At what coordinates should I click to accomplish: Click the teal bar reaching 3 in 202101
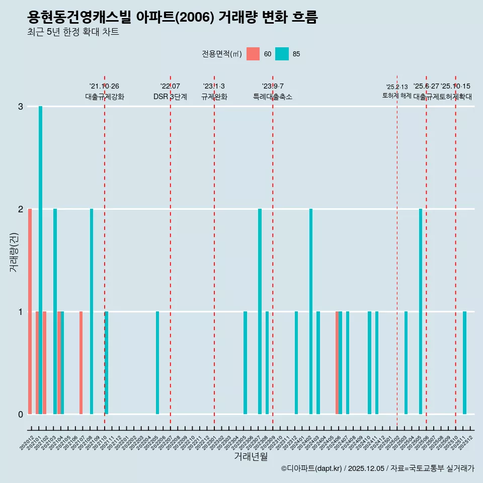[x=40, y=260]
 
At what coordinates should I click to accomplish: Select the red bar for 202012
[x=30, y=311]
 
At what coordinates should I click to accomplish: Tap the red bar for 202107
[x=81, y=363]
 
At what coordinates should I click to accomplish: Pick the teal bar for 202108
[x=92, y=311]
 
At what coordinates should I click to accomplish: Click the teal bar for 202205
[x=157, y=363]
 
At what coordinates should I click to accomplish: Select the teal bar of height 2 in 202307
[x=260, y=311]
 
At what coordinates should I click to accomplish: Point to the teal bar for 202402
[x=311, y=311]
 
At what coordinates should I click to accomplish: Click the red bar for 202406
[x=337, y=363]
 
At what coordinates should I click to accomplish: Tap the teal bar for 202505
[x=421, y=311]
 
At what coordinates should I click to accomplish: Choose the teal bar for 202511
[x=464, y=363]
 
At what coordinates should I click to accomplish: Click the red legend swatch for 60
[x=253, y=54]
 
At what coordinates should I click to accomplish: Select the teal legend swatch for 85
[x=282, y=54]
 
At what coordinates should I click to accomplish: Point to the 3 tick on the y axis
[x=21, y=106]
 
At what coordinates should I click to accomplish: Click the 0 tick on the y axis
[x=21, y=414]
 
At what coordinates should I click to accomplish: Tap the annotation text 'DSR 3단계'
[x=170, y=97]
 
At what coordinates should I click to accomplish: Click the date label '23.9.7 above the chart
[x=272, y=86]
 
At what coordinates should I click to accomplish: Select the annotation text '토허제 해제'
[x=397, y=95]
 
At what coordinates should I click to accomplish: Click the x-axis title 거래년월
[x=251, y=456]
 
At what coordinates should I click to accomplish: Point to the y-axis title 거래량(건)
[x=14, y=252]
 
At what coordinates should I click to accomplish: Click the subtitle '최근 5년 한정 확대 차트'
[x=73, y=32]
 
